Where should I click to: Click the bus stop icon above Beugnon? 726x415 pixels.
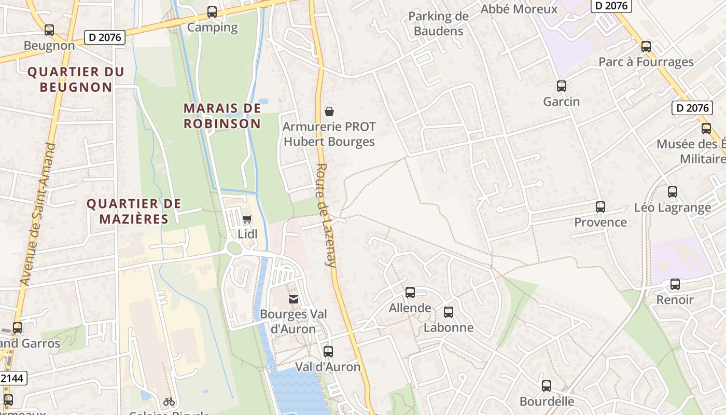49,30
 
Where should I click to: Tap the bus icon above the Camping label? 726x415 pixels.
212,12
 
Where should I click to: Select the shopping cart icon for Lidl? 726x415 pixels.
247,219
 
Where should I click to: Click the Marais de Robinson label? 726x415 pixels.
222,116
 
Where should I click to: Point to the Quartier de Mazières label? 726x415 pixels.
134,211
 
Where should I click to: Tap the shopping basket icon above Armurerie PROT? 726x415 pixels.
329,111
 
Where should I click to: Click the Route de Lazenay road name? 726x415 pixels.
326,215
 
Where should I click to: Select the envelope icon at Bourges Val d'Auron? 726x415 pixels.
294,299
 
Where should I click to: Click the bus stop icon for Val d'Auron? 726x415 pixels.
328,352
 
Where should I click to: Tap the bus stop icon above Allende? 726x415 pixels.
410,293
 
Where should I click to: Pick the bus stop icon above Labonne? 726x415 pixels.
449,312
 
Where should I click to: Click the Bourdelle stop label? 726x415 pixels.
547,401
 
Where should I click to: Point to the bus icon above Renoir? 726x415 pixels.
675,284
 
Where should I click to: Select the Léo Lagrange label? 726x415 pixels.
673,208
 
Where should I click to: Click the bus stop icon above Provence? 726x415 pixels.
601,207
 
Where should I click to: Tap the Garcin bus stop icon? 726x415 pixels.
561,86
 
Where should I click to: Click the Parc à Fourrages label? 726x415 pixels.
646,62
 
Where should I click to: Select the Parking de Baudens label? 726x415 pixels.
438,23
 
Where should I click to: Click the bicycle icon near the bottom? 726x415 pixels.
169,401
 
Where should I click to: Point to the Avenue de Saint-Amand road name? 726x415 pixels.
38,214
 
